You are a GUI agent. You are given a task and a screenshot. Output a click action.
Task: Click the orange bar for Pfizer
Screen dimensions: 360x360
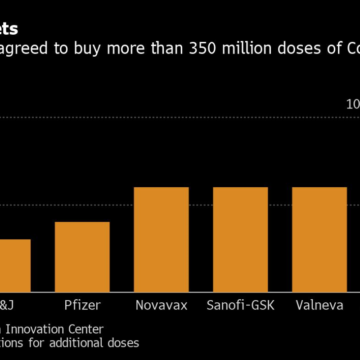(x=82, y=257)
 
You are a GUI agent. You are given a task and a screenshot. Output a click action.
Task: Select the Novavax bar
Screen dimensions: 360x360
(x=161, y=239)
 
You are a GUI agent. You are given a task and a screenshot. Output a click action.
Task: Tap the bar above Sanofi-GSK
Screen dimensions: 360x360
(x=240, y=239)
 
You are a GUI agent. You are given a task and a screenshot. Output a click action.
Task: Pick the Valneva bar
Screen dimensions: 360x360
(x=319, y=239)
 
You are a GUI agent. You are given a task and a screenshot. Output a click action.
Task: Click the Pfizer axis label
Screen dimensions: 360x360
(x=82, y=306)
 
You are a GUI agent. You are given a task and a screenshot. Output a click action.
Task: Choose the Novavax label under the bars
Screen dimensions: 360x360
(x=161, y=306)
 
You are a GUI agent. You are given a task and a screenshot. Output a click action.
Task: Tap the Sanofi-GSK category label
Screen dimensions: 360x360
(x=240, y=306)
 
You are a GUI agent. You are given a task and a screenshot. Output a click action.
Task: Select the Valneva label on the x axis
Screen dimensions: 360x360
(x=319, y=306)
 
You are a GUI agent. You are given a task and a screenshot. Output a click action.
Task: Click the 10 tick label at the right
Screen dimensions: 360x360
(x=353, y=104)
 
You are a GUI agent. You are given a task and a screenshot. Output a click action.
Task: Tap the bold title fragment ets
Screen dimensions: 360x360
(x=9, y=29)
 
